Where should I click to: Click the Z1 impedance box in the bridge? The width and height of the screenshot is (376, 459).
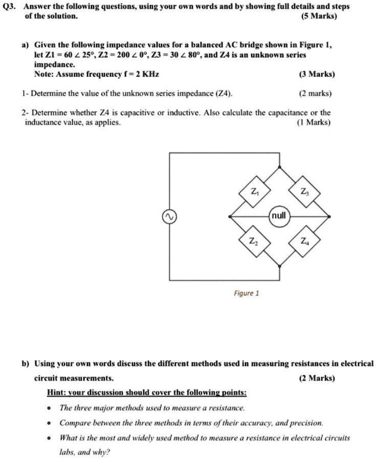254,193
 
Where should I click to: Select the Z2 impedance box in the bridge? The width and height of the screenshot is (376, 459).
254,240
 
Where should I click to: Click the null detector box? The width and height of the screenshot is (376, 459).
279,216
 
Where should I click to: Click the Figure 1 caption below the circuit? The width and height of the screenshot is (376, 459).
246,293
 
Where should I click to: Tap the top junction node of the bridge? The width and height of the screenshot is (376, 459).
279,167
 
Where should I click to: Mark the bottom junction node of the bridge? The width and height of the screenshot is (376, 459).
279,266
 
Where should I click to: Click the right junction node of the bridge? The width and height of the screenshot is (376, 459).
329,217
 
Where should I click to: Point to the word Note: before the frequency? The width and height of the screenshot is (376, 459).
44,74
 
